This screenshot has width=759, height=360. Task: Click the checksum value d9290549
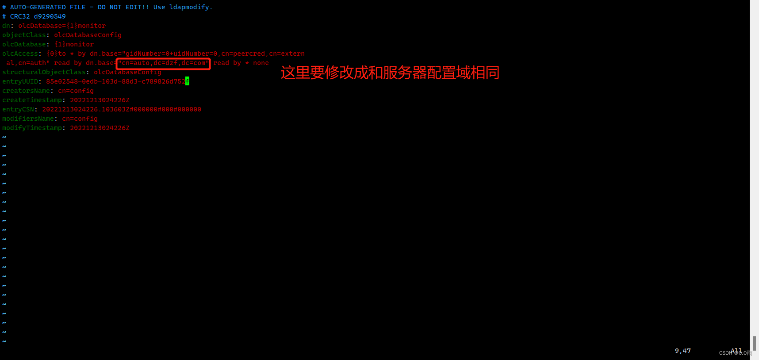(x=50, y=16)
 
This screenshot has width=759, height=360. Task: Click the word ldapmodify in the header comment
(x=189, y=7)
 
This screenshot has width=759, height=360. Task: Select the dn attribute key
(x=6, y=26)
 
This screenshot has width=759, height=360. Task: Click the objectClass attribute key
(x=24, y=35)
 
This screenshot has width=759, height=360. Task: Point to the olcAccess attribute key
(x=20, y=54)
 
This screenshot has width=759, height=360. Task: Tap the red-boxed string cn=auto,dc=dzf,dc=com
(x=163, y=63)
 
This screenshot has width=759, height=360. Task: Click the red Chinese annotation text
(x=390, y=73)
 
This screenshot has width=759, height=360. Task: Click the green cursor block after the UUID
(x=187, y=81)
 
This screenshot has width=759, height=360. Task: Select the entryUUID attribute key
(x=20, y=81)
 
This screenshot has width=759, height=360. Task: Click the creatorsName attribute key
(x=26, y=91)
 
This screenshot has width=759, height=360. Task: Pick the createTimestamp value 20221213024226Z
(x=100, y=100)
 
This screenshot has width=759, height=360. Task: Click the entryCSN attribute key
(x=18, y=109)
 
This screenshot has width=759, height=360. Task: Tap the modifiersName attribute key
(x=28, y=119)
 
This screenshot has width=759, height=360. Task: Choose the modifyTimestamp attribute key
(x=32, y=128)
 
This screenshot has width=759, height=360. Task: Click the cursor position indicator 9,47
(x=682, y=351)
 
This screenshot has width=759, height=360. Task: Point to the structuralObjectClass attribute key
(x=44, y=72)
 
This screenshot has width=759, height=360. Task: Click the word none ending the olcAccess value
(x=261, y=63)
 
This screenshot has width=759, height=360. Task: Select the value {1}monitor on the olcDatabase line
(x=74, y=44)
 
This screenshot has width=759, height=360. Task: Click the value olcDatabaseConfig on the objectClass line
(x=88, y=35)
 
